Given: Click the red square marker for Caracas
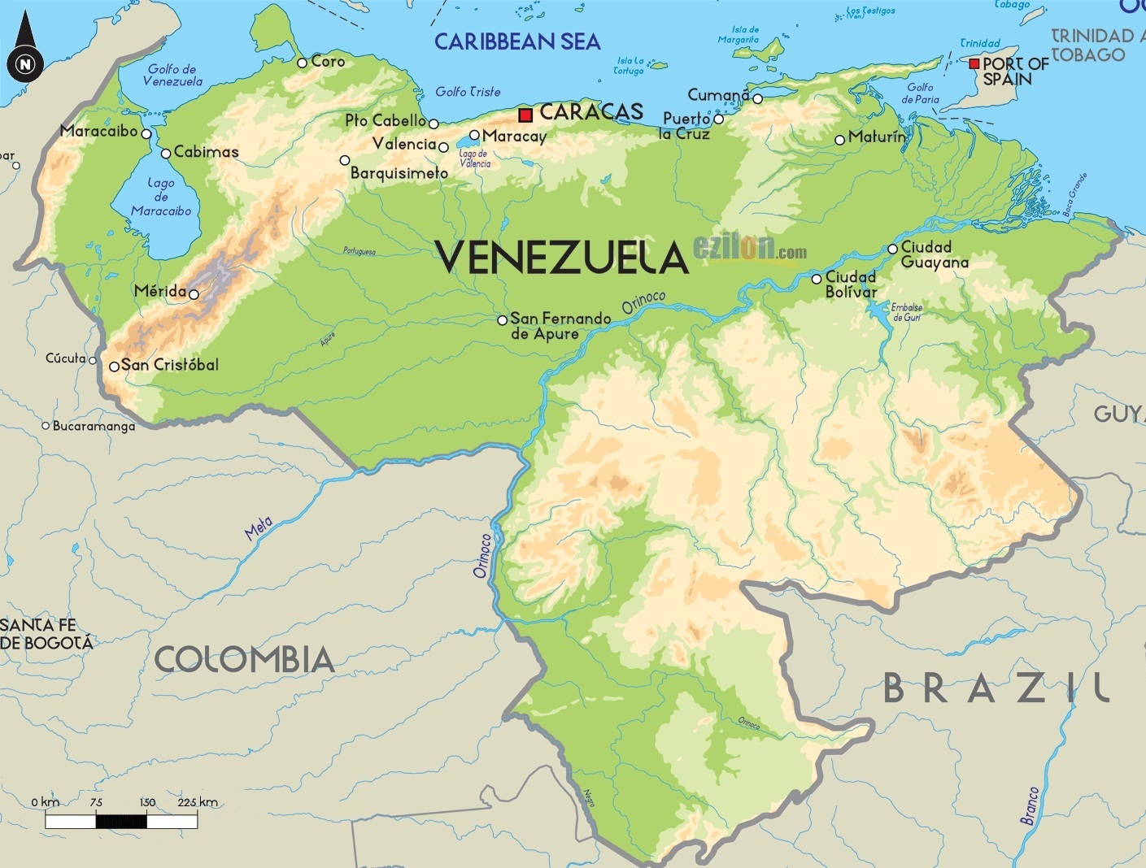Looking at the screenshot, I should point(525,115).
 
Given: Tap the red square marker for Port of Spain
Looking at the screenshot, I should point(974,63).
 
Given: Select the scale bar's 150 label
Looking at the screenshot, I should point(147,802).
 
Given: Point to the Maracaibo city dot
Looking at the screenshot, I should point(146,134).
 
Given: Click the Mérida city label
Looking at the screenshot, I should point(160,291).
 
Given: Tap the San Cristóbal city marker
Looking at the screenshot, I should point(114,367).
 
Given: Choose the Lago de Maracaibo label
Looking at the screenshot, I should point(161,197).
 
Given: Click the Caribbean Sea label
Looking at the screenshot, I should point(517,41).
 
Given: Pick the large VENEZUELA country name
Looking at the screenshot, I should point(562,258).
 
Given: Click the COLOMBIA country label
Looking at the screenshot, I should point(245,659).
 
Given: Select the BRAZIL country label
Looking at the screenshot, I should point(996,689).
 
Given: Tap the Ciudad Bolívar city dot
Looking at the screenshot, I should point(817,279).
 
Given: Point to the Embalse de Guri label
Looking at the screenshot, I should point(907,312).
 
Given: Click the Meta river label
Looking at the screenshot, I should point(259,528).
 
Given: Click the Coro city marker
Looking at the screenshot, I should point(302,63).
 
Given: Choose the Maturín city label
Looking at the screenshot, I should point(877,137).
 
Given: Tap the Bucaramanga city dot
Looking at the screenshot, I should point(46,425).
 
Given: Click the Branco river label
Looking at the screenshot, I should point(1030,805).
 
